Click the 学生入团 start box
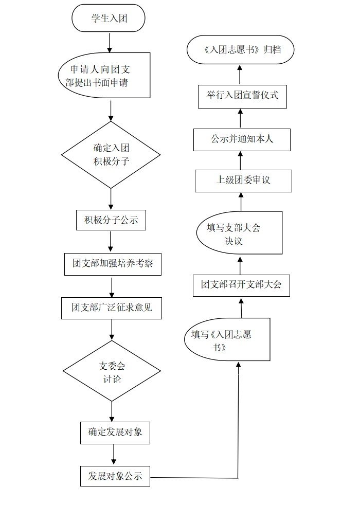click(x=109, y=19)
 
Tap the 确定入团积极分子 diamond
click(x=111, y=154)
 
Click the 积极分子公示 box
click(x=111, y=220)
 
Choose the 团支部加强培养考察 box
click(x=112, y=264)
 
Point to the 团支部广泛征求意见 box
click(x=112, y=308)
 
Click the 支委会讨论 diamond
click(x=112, y=371)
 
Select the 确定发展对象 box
click(x=115, y=432)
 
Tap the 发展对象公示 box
click(x=115, y=476)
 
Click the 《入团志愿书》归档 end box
click(x=241, y=50)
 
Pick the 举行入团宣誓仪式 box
click(x=242, y=96)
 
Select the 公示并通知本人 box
click(x=242, y=139)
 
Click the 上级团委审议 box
click(x=243, y=181)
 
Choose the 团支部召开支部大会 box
click(x=241, y=285)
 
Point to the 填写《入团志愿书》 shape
click(x=226, y=339)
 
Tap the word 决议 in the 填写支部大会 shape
click(x=233, y=241)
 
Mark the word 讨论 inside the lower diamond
click(x=112, y=379)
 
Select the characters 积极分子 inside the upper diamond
click(x=111, y=161)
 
